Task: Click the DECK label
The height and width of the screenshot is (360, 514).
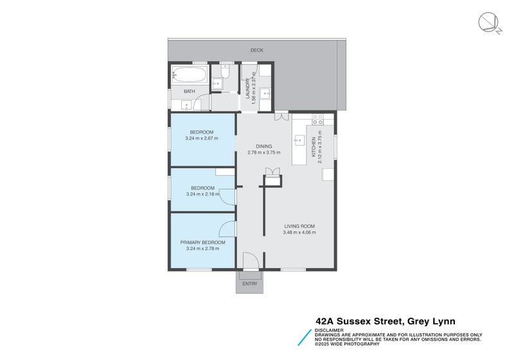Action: pyautogui.click(x=257, y=50)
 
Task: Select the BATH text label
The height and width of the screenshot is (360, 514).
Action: pyautogui.click(x=190, y=91)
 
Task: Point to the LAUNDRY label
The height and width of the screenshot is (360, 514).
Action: pyautogui.click(x=247, y=89)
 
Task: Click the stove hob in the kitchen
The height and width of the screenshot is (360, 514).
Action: pyautogui.click(x=317, y=119)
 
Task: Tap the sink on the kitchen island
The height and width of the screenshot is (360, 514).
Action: pyautogui.click(x=299, y=139)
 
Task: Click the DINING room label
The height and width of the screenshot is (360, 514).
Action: pyautogui.click(x=264, y=146)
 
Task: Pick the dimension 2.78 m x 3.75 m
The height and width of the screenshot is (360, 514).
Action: pyautogui.click(x=264, y=153)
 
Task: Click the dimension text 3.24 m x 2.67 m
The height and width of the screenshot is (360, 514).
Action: pyautogui.click(x=202, y=138)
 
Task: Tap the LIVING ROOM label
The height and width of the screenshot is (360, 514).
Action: pyautogui.click(x=299, y=226)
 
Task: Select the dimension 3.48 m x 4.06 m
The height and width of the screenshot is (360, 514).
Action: pyautogui.click(x=299, y=233)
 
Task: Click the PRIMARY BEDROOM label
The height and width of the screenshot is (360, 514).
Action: pyautogui.click(x=202, y=242)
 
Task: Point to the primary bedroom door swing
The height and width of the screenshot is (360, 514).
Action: pyautogui.click(x=227, y=228)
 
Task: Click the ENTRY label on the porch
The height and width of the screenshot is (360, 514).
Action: pyautogui.click(x=250, y=283)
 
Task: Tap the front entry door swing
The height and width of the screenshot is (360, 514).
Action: pyautogui.click(x=251, y=260)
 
